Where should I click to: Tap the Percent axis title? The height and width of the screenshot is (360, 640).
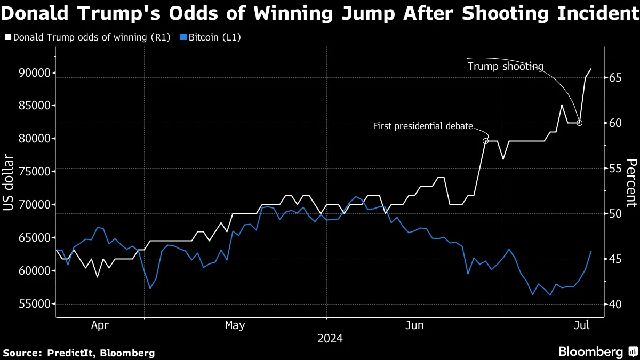click(631, 182)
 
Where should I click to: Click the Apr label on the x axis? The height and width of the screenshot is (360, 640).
click(100, 325)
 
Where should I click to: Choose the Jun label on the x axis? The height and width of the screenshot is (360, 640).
click(414, 325)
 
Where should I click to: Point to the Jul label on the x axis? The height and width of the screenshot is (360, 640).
click(581, 325)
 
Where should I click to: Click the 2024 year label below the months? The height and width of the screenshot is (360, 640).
click(330, 338)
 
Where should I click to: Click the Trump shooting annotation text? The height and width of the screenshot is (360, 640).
click(505, 67)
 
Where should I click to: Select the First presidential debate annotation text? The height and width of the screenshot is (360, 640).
click(423, 126)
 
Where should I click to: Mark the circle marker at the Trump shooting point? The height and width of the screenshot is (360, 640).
click(580, 123)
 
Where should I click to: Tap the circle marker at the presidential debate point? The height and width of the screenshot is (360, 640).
click(485, 141)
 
